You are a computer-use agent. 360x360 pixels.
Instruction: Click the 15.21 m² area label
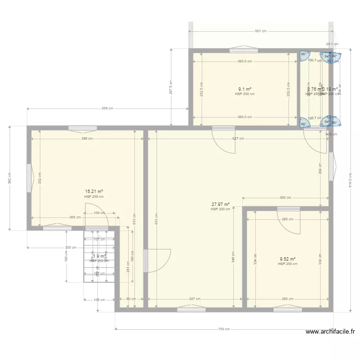[94, 191]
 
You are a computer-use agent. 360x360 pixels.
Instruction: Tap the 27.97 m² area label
[220, 204]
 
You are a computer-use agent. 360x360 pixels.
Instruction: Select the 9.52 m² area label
[288, 259]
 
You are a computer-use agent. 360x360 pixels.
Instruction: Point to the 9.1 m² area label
[245, 89]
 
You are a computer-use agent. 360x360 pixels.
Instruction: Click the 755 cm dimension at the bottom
[224, 329]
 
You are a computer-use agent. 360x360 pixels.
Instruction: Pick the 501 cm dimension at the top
[261, 31]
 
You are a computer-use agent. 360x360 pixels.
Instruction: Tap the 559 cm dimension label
[107, 108]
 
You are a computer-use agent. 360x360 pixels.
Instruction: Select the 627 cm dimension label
[238, 139]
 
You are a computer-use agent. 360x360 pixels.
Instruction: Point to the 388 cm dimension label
[87, 139]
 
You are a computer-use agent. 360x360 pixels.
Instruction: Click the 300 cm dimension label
[286, 198]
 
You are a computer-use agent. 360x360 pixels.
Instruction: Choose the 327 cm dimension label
[194, 299]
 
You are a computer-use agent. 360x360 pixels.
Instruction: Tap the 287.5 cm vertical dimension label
[171, 87]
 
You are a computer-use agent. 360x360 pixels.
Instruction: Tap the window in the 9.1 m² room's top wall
[244, 49]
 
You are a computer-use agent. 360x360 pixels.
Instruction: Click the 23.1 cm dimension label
[332, 44]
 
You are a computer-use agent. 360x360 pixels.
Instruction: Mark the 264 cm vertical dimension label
[320, 168]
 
